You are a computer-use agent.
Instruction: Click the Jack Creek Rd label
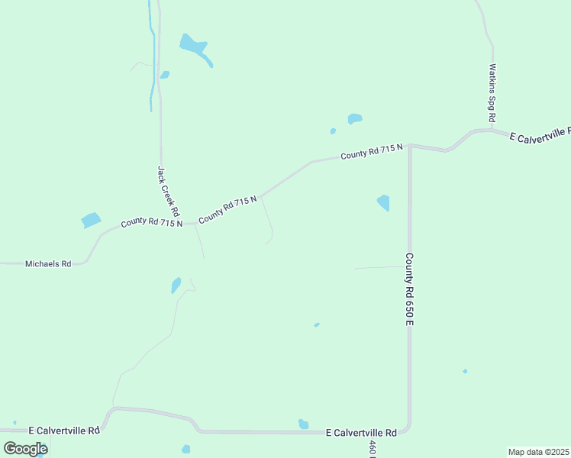tap(168, 191)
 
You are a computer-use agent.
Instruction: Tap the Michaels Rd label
tap(48, 263)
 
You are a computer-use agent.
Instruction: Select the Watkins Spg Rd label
tap(493, 93)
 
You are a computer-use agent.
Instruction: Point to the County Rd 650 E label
tap(410, 289)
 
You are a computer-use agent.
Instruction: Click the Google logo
tap(25, 449)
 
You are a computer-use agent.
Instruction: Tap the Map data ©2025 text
tap(538, 452)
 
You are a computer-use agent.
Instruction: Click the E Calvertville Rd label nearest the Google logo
tap(64, 431)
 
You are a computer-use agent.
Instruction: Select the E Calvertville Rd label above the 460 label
tap(361, 432)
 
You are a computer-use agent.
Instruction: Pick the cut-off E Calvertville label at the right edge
tap(540, 135)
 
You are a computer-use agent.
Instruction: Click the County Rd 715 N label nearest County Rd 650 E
tap(372, 152)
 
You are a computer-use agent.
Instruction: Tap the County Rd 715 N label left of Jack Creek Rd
tap(151, 223)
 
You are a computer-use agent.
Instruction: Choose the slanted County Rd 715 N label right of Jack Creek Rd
tap(227, 210)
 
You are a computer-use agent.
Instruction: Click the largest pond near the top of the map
tap(194, 46)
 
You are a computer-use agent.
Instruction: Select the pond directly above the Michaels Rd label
tap(91, 221)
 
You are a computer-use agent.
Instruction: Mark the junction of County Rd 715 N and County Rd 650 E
tap(410, 145)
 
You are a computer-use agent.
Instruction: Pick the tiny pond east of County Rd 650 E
tap(465, 371)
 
